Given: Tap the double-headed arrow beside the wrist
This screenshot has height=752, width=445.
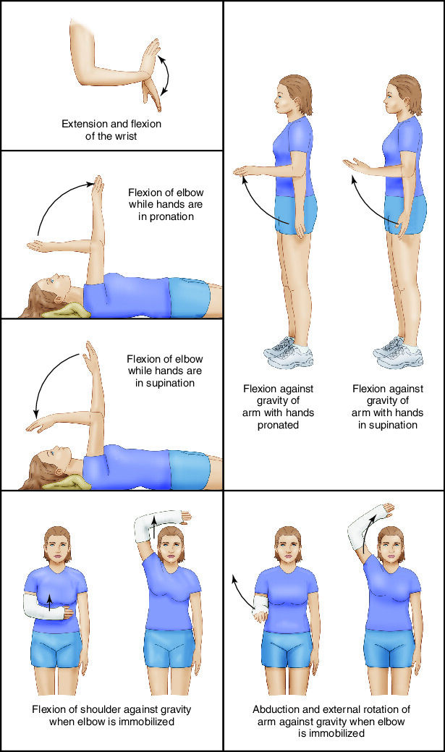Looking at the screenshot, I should pos(169,74).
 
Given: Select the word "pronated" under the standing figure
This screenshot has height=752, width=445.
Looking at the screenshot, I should pos(277,425).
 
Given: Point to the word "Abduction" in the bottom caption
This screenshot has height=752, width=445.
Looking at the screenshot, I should pos(277,709).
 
